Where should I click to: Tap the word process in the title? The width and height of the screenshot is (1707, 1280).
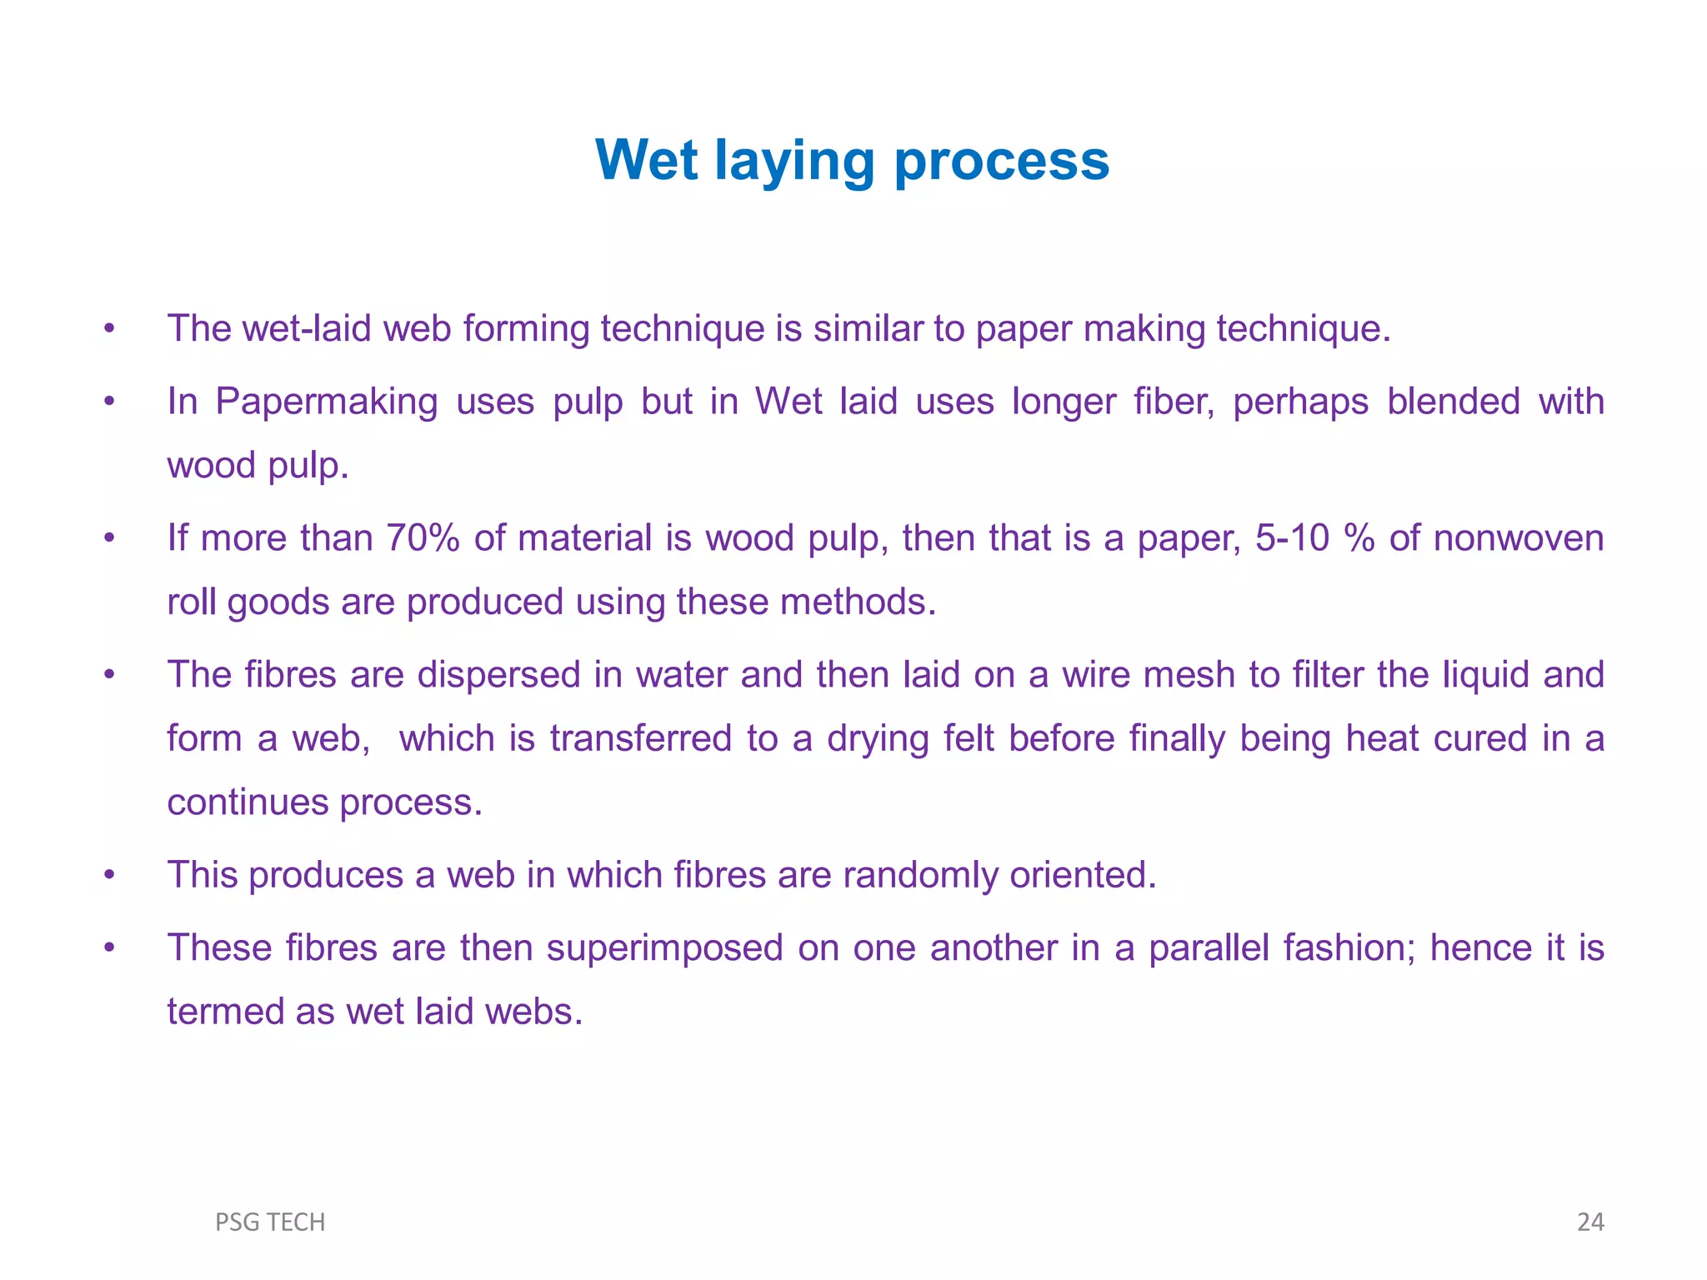[1001, 161]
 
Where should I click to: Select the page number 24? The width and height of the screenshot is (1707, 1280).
[1590, 1222]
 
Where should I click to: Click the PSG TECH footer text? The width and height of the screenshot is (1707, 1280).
[270, 1222]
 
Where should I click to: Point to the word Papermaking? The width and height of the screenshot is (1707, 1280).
[326, 402]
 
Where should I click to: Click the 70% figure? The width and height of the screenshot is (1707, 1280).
[423, 538]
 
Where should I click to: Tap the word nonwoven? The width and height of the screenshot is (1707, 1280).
[1518, 538]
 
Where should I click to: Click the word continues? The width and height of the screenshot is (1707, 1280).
[248, 802]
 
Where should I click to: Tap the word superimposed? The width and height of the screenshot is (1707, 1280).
[664, 948]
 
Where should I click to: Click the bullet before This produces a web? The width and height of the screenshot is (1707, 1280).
[109, 876]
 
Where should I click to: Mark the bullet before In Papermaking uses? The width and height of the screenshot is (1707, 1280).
[109, 402]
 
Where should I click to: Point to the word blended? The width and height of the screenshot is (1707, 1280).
[1454, 402]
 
